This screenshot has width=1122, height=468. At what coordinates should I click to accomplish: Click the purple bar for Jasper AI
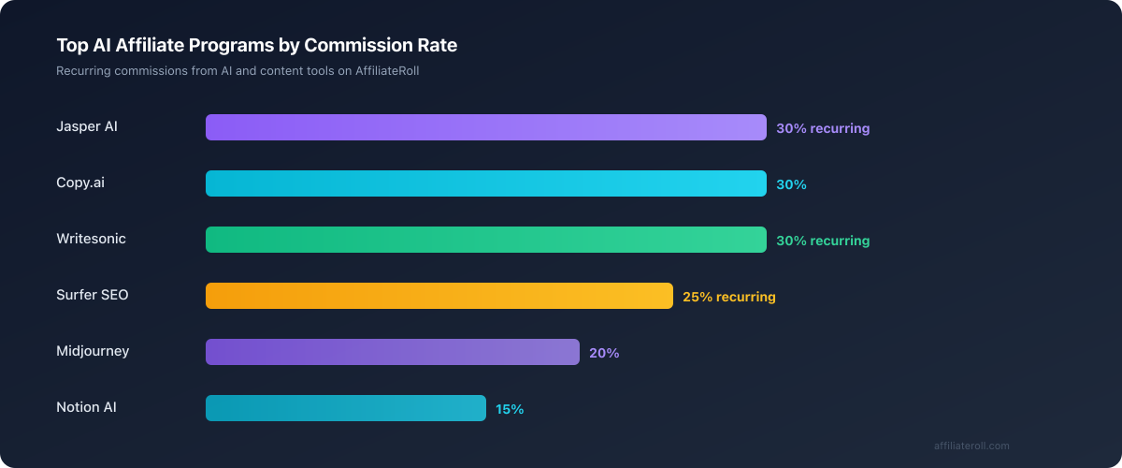(486, 127)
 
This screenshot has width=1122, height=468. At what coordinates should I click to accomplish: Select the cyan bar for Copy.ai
(486, 183)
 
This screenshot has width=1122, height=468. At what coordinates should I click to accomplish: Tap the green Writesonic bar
(486, 240)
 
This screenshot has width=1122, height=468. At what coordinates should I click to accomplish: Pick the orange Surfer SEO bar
(439, 296)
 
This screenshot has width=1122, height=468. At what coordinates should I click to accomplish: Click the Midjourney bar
(393, 352)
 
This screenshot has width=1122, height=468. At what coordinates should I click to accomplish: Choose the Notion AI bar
(346, 408)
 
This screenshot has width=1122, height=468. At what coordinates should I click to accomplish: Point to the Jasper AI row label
(87, 126)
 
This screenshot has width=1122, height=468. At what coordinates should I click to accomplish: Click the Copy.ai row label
(80, 183)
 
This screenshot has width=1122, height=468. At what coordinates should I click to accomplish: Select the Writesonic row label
(91, 239)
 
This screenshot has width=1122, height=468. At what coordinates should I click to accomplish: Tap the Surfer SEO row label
(93, 295)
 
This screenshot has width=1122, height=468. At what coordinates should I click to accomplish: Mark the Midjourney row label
(93, 351)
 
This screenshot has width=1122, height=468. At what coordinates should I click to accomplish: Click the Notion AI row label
(86, 407)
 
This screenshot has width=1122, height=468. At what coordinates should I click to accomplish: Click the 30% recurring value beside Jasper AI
(823, 128)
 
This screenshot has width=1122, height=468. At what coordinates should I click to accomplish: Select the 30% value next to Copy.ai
(791, 184)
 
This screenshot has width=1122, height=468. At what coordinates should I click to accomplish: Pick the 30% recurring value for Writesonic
(823, 241)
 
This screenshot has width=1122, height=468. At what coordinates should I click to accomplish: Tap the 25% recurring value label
(729, 297)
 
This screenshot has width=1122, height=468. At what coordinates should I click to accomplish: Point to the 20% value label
(604, 353)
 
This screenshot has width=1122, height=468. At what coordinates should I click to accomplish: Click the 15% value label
(510, 409)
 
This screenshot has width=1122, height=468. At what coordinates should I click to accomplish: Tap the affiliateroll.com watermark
(971, 446)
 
